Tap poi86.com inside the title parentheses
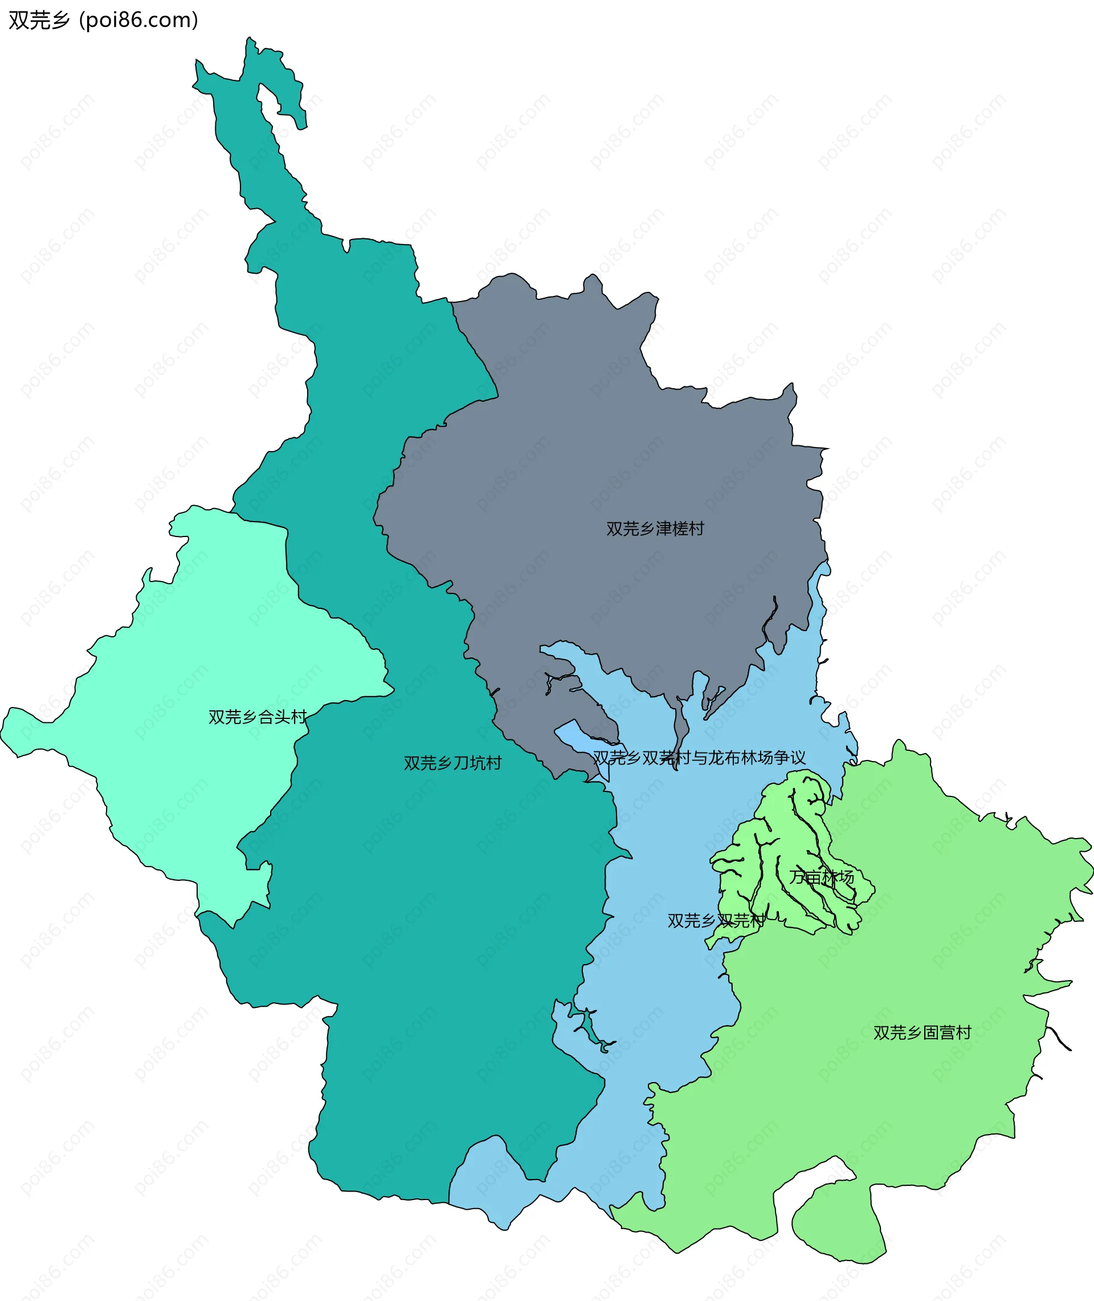[139, 21]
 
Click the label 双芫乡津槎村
[655, 528]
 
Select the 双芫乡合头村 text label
[258, 717]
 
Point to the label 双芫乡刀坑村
[452, 763]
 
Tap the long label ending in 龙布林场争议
[699, 758]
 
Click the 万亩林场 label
[821, 877]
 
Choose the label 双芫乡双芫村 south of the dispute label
[716, 921]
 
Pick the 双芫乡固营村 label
[921, 1032]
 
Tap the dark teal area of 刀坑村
[434, 930]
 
